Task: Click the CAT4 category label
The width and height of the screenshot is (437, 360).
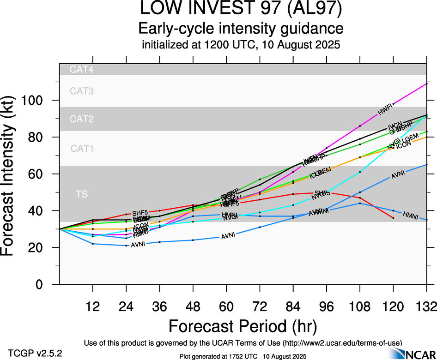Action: [x=82, y=70]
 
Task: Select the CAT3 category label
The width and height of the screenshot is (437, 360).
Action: [x=82, y=91]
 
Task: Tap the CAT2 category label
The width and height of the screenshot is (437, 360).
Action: [x=82, y=119]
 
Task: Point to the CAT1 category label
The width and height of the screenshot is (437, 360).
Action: [x=82, y=149]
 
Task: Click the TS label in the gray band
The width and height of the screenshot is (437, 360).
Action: [x=82, y=194]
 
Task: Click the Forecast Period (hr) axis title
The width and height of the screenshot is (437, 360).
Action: [x=242, y=326]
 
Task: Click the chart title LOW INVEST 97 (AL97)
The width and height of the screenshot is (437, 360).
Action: [x=241, y=10]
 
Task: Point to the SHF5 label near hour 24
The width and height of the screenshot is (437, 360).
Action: [x=140, y=213]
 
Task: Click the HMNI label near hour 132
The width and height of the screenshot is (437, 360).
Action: [x=411, y=215]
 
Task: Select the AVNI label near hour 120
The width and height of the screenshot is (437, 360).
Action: [x=398, y=174]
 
